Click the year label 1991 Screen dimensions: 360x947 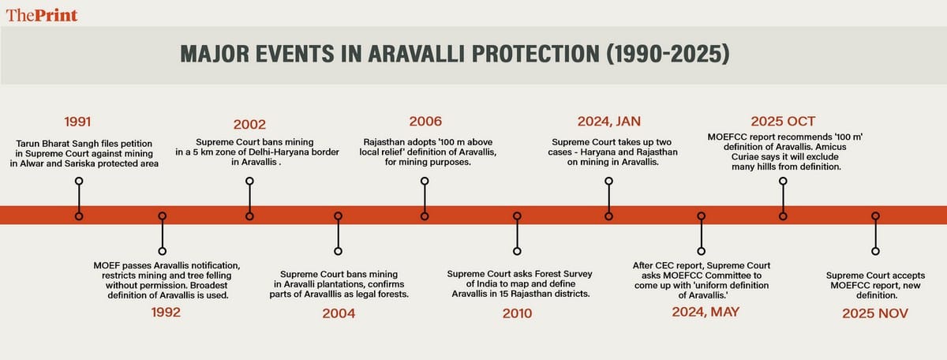coord(78,122)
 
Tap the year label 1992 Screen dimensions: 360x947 coord(167,312)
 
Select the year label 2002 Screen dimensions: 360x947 coord(249,124)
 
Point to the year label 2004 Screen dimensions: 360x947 coord(339,313)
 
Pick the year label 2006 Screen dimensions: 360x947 coord(425,122)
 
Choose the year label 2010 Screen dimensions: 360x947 coord(517,313)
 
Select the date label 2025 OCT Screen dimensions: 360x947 coord(783,122)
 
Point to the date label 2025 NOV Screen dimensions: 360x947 coord(874,313)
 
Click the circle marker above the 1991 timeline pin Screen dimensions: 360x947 coord(78,181)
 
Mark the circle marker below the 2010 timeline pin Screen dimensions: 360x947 coord(517,251)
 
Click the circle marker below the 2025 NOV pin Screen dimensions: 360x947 coord(874,251)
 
